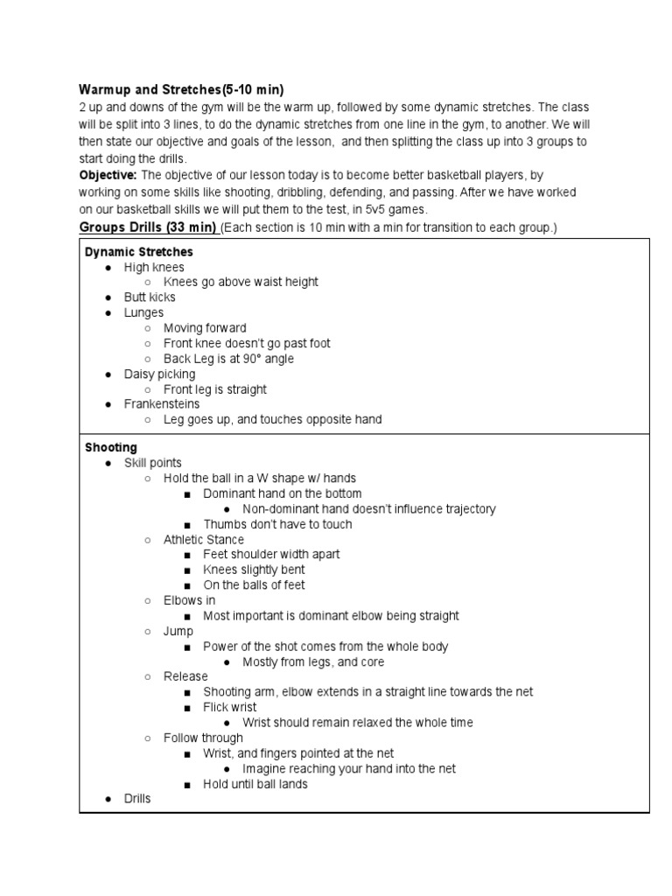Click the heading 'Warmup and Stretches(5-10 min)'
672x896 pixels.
pos(182,89)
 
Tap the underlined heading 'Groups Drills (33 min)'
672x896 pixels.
pos(148,227)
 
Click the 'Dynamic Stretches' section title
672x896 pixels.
pos(138,251)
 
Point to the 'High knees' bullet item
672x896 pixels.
pos(154,267)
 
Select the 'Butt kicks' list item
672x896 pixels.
pos(150,297)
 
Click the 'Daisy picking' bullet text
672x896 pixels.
pos(160,374)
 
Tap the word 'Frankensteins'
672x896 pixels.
pos(162,404)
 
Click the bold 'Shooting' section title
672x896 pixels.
pos(111,447)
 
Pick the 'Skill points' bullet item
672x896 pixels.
pos(153,462)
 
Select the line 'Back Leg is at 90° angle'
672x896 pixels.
pos(228,359)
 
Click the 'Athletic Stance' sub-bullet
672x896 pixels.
pos(204,539)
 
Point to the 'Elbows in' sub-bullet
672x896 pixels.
pos(189,600)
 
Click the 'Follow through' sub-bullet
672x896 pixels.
pos(203,738)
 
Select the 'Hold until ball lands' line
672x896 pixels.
pos(255,784)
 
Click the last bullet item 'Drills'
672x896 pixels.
pos(137,799)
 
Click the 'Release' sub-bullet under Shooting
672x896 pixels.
pos(185,676)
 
